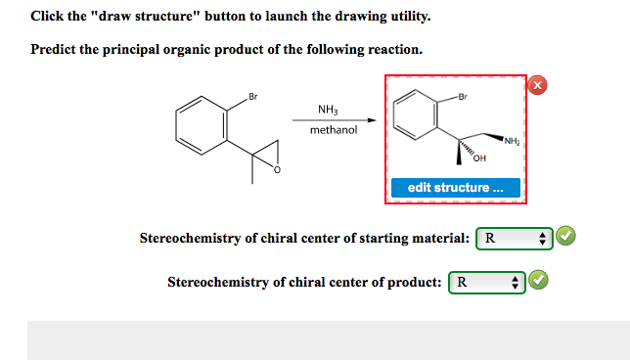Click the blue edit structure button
pyautogui.click(x=456, y=187)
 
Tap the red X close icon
pyautogui.click(x=537, y=85)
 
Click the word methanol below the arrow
pyautogui.click(x=333, y=130)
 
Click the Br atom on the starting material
pyautogui.click(x=252, y=96)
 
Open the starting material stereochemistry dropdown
pyautogui.click(x=516, y=238)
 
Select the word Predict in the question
pyautogui.click(x=53, y=49)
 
